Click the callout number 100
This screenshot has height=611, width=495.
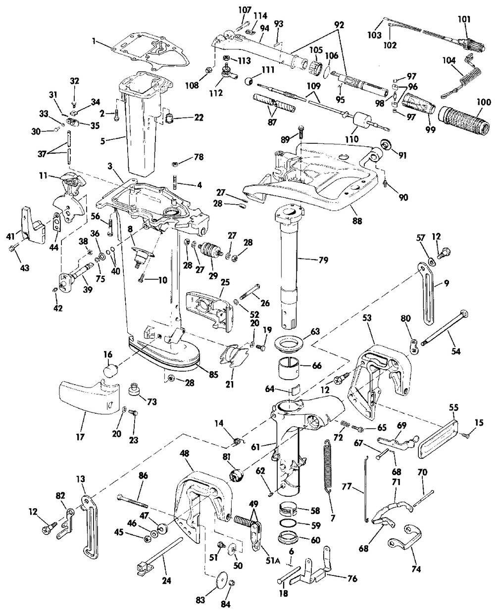484,102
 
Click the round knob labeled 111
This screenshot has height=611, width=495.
248,81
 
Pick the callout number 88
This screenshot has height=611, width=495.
357,221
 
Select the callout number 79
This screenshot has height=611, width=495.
323,260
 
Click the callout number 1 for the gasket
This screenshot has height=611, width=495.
94,41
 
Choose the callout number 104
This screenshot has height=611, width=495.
449,60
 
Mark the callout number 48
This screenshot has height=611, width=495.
184,453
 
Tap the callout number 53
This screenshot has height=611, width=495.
367,318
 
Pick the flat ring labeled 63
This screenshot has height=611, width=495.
288,344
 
